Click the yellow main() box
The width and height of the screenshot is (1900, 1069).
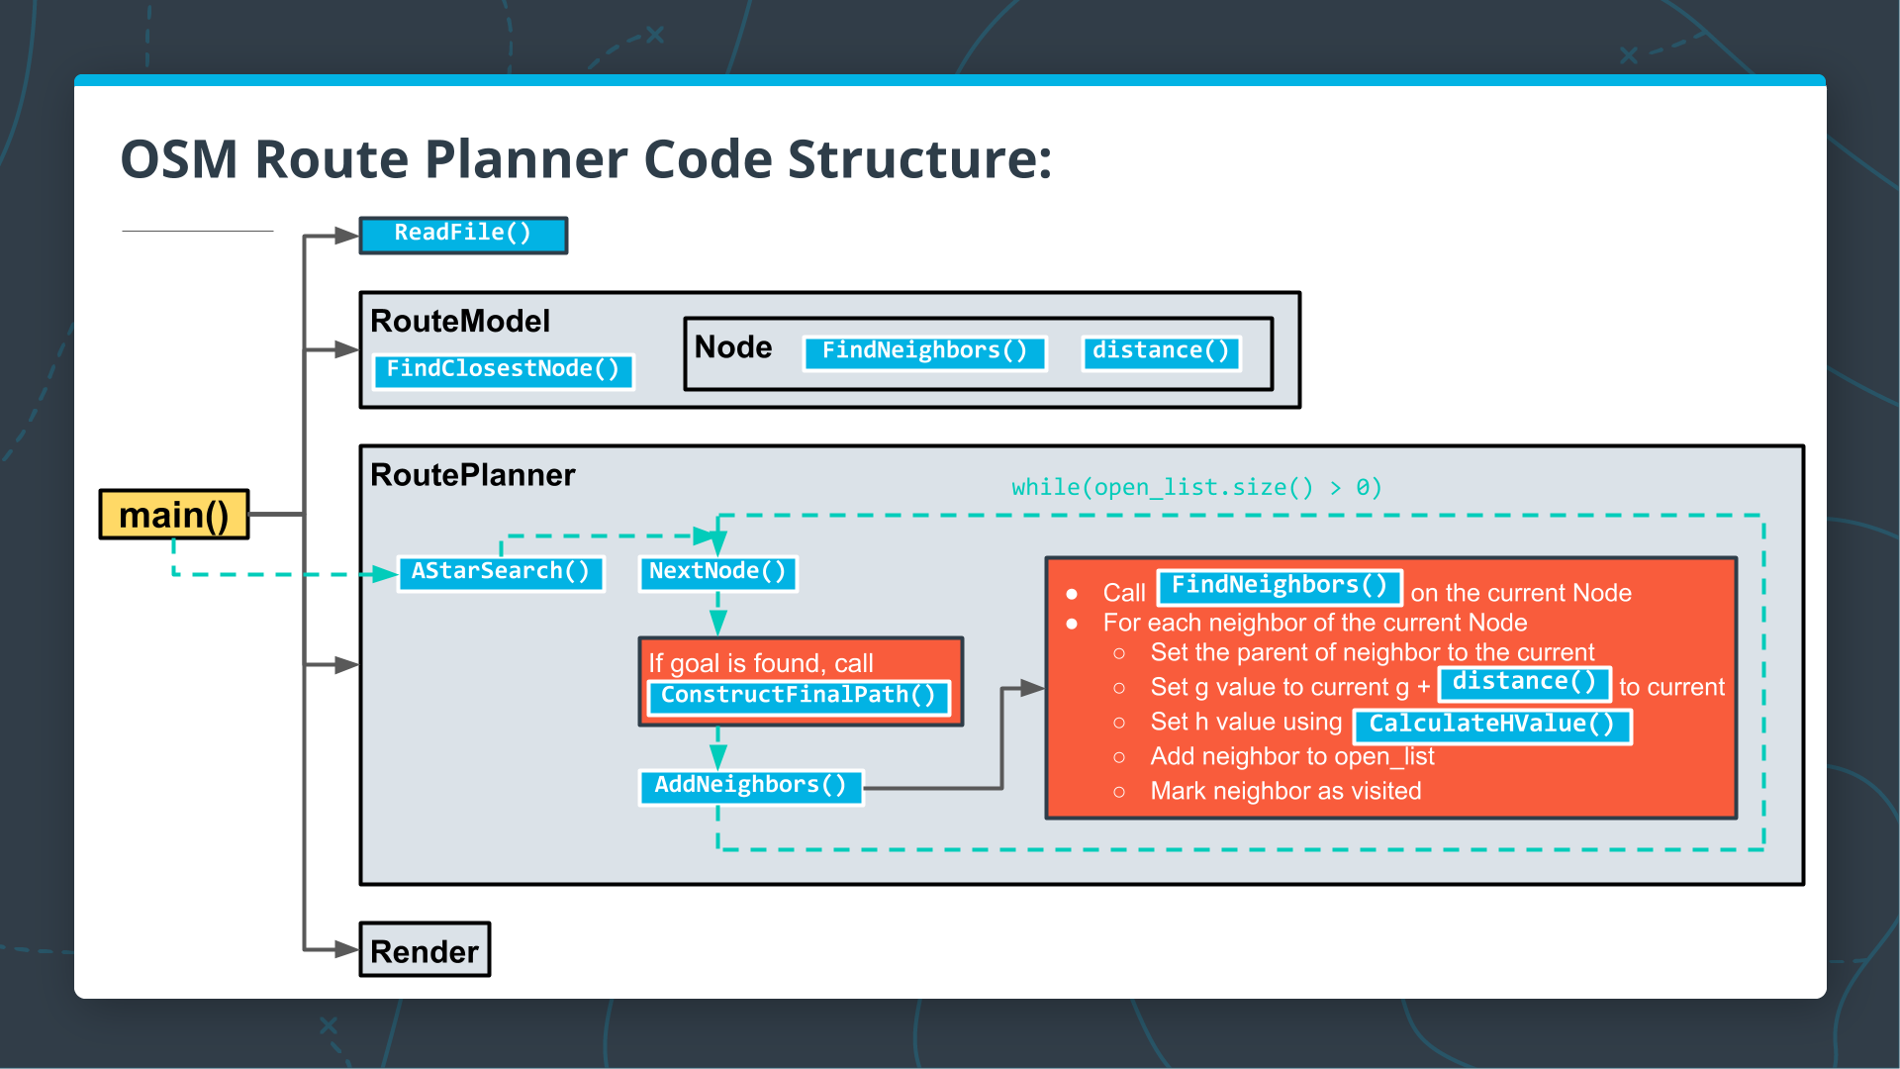tap(174, 515)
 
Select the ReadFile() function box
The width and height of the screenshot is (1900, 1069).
tap(463, 235)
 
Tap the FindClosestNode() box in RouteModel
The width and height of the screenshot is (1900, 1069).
tap(503, 370)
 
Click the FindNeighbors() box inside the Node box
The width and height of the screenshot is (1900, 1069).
tap(924, 351)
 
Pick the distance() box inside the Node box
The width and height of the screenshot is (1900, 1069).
tap(1161, 351)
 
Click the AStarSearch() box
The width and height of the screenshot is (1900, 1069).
tap(501, 572)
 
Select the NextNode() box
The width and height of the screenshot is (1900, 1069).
tap(717, 572)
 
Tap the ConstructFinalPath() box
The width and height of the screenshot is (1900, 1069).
tap(798, 696)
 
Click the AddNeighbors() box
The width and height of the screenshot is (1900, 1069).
tap(750, 786)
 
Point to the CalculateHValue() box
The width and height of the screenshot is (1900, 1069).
tap(1491, 725)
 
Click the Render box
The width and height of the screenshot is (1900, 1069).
tap(425, 950)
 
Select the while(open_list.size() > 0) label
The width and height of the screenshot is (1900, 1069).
tap(1195, 487)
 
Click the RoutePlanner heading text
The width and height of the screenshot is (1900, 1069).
tap(472, 475)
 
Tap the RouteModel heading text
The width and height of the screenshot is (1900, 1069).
tap(459, 321)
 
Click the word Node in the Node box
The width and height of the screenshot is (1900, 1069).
tap(732, 347)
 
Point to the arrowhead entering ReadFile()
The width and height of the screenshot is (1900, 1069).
tap(346, 236)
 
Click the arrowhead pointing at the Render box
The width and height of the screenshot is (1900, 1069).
tap(346, 949)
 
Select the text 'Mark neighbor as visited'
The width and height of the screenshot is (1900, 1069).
tap(1284, 791)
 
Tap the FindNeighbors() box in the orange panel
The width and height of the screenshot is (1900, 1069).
tap(1279, 586)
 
